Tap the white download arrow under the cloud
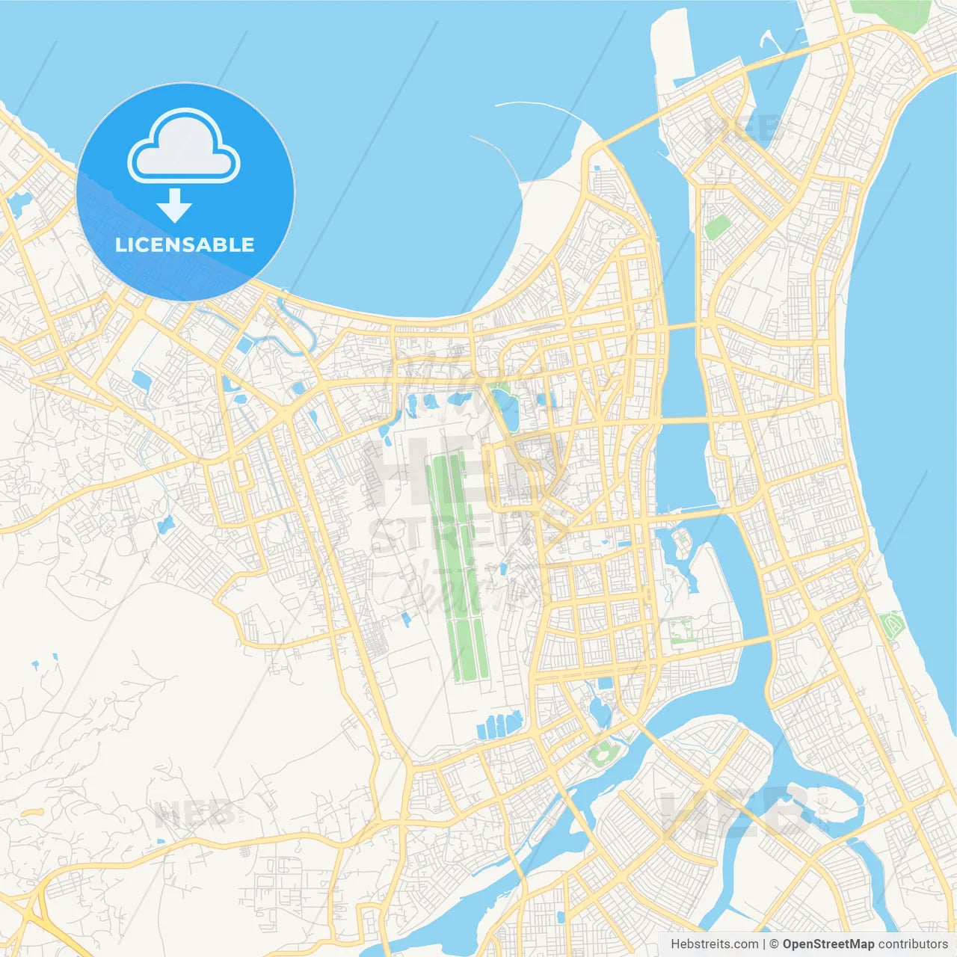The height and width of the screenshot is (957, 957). (x=175, y=205)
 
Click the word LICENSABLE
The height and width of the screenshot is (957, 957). (x=185, y=244)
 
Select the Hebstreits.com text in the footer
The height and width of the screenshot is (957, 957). (x=714, y=944)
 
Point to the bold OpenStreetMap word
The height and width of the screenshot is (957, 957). (x=828, y=944)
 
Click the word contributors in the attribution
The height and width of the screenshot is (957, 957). (x=913, y=944)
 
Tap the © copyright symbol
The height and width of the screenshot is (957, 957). (x=774, y=944)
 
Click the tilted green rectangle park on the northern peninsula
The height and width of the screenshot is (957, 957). (x=718, y=227)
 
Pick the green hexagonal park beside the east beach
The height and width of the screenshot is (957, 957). (x=892, y=624)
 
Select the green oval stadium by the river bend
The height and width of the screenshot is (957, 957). (x=600, y=755)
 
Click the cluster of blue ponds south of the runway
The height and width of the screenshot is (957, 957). (x=499, y=724)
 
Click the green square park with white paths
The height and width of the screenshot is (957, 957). (x=681, y=633)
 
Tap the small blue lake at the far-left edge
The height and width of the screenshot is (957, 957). (x=19, y=200)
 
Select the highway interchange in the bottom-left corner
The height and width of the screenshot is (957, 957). (x=30, y=912)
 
